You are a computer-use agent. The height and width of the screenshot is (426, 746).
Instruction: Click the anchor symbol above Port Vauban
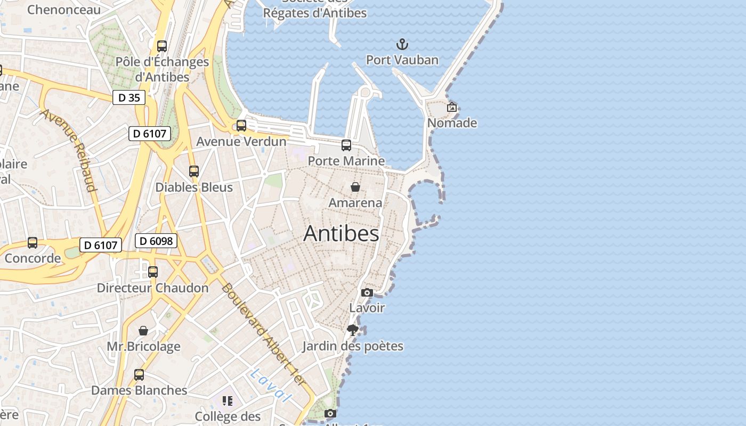(402, 44)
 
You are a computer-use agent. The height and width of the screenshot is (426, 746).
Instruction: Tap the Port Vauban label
(402, 60)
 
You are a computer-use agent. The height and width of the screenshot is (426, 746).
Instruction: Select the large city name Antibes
(341, 234)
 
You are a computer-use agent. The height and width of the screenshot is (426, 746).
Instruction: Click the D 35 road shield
(129, 97)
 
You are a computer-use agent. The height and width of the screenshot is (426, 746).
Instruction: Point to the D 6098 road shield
(156, 241)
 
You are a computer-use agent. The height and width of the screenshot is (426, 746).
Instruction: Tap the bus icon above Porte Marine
(346, 145)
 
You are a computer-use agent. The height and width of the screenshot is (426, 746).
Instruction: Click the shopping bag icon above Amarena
(355, 187)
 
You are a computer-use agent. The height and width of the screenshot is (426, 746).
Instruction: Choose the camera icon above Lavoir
(367, 292)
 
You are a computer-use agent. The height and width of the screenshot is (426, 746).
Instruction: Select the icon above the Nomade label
(452, 107)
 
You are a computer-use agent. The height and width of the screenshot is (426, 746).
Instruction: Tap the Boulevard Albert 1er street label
(263, 334)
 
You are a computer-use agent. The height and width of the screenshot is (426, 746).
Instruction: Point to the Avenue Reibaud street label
(68, 150)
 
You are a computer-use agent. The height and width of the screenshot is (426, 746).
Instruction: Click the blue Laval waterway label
(271, 384)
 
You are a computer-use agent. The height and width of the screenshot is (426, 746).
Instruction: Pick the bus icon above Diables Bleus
(194, 171)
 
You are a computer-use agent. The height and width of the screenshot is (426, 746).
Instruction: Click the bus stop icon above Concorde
(33, 243)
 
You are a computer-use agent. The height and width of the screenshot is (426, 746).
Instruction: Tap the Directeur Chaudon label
(153, 288)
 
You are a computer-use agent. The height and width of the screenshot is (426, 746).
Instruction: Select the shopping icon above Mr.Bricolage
(143, 331)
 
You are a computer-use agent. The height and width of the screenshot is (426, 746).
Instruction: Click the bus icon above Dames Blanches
(139, 374)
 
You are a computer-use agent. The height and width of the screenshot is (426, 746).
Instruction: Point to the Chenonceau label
(64, 10)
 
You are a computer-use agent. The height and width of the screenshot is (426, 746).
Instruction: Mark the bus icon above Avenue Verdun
(241, 126)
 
